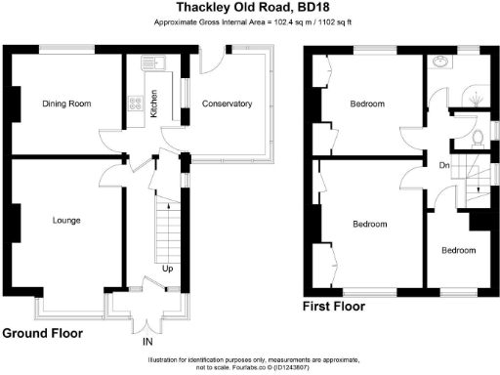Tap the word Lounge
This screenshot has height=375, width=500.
(x=66, y=221)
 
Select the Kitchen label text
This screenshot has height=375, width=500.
(x=153, y=104)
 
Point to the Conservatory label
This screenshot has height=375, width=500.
(x=227, y=104)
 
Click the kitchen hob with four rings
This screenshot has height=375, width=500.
(x=132, y=102)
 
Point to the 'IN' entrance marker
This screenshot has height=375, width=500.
(x=147, y=343)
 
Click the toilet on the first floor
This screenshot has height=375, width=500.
(x=478, y=138)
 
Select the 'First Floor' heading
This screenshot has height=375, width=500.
(x=334, y=307)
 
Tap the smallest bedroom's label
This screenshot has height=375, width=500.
(x=457, y=250)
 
